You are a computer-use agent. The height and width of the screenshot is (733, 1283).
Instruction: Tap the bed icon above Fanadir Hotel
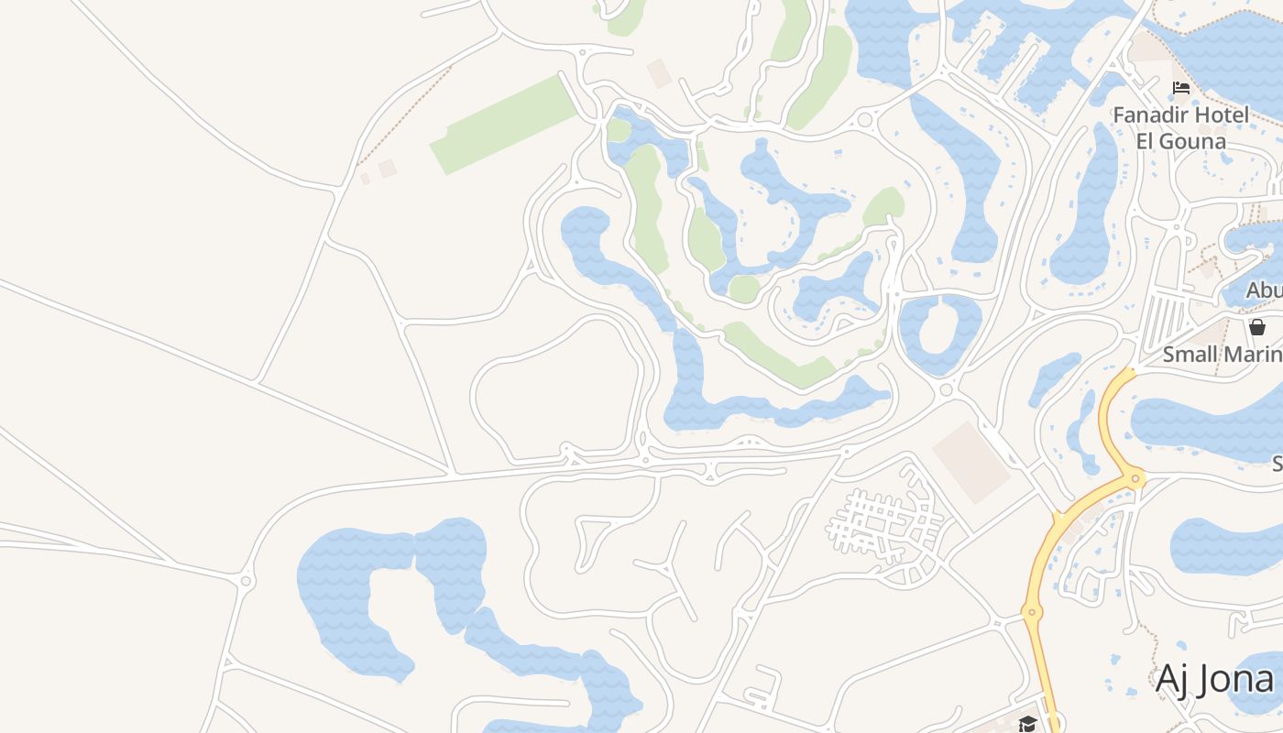1181,88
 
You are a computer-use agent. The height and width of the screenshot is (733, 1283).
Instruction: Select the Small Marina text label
1223,355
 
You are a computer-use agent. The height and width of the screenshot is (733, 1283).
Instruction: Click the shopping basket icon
1257,327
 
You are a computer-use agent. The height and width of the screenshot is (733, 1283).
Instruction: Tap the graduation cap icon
1027,724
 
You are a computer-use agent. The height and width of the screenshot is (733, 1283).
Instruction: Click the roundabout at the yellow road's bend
1136,477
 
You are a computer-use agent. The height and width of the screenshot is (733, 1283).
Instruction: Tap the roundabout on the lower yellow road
1032,611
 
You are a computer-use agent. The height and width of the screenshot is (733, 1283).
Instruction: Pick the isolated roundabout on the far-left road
246,581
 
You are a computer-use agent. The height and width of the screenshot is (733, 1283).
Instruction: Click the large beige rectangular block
971,463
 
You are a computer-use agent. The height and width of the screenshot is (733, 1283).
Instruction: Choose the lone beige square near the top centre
659,73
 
